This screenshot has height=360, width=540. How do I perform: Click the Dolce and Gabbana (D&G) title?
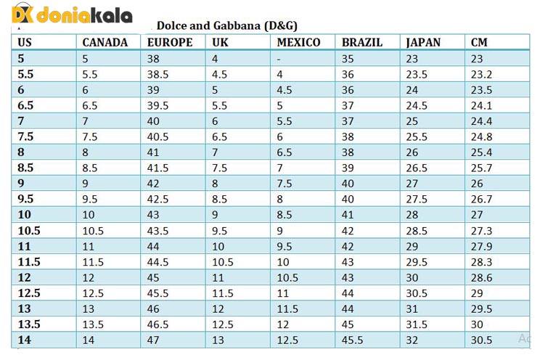[x=227, y=25]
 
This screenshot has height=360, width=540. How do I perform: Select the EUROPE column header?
[x=170, y=42]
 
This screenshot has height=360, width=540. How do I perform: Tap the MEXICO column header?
[x=298, y=42]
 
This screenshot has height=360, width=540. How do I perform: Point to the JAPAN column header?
[x=423, y=42]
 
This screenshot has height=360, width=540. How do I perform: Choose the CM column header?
[x=479, y=42]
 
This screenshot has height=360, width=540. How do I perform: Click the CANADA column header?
[x=105, y=42]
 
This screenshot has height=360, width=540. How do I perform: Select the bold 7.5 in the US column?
[x=25, y=136]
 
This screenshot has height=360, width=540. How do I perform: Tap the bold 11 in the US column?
[x=24, y=246]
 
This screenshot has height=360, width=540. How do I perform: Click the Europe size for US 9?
[x=154, y=184]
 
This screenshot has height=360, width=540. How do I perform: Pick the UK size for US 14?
[x=217, y=340]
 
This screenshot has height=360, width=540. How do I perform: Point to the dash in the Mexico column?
[x=279, y=59]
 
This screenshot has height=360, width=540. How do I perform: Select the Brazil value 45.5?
[x=353, y=340]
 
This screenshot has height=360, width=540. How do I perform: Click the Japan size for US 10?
[x=412, y=215]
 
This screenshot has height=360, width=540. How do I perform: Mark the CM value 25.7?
[x=481, y=168]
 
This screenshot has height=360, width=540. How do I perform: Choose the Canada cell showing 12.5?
[x=93, y=293]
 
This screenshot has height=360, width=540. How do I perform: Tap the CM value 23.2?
[x=481, y=74]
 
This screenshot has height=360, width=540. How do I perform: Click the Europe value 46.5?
[x=160, y=324]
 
